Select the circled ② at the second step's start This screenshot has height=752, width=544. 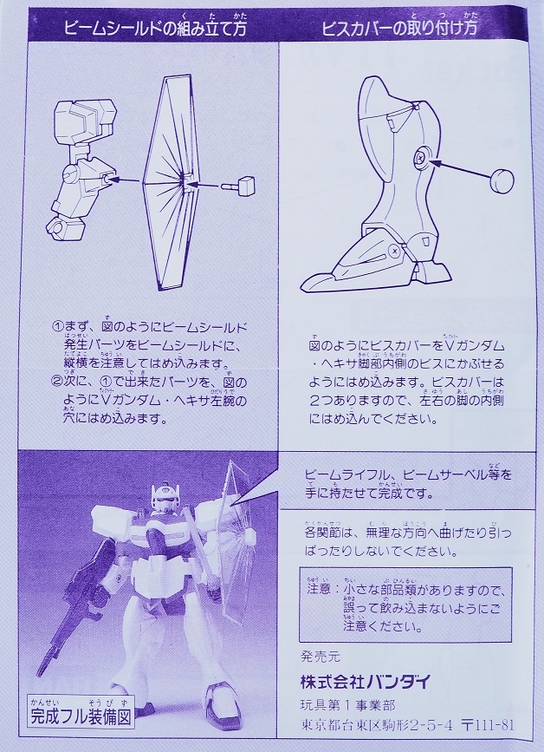[x=57, y=383]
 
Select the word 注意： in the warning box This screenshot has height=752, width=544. [x=320, y=588]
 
